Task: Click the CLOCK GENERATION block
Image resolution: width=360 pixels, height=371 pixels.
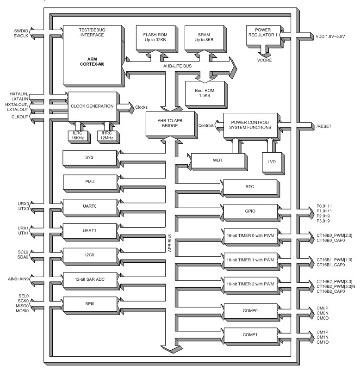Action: tap(92, 106)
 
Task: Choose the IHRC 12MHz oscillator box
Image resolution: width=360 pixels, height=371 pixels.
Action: tap(108, 134)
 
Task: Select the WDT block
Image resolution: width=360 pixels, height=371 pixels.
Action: tap(217, 160)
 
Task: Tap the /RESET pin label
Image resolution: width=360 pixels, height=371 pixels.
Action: tap(324, 126)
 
